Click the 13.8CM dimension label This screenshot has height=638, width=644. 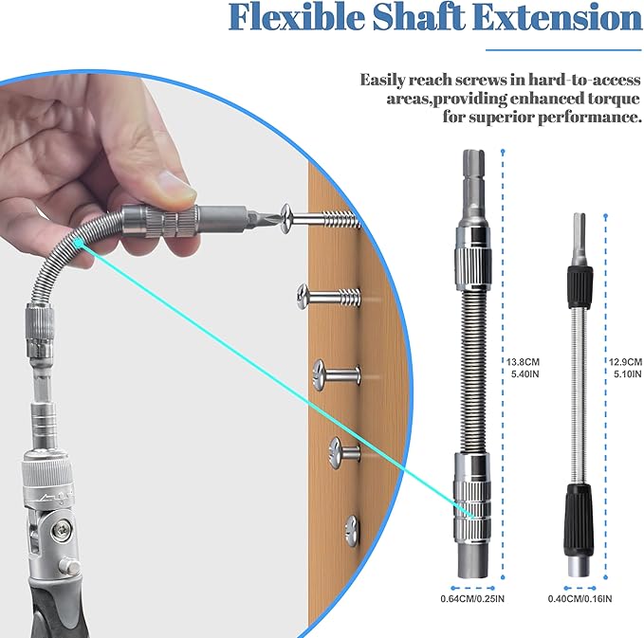[x=521, y=362]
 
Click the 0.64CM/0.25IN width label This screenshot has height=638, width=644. [x=472, y=598]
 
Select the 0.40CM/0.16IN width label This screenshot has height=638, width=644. [x=580, y=598]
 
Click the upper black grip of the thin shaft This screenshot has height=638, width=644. [x=578, y=282]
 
